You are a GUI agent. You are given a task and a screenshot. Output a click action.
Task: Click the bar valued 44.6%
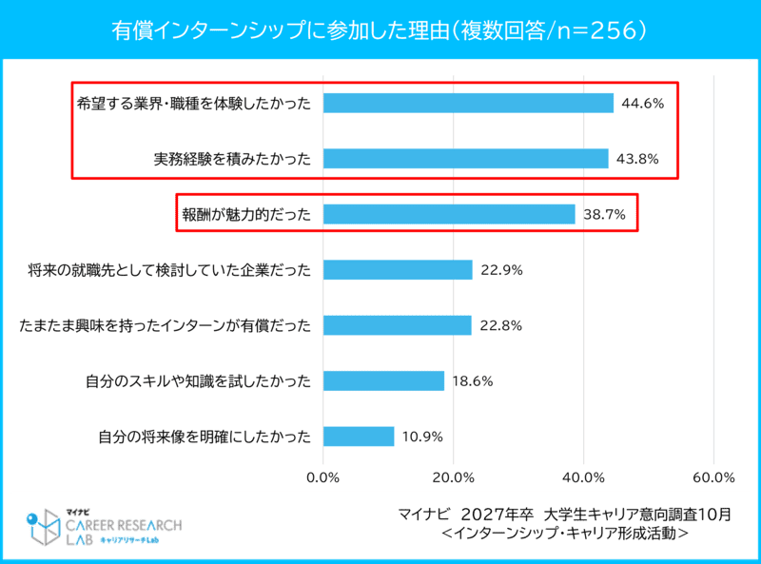[468, 103]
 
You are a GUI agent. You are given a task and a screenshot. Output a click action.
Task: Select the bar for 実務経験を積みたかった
[465, 159]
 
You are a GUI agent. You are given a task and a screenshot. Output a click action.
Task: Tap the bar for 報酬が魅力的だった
[449, 214]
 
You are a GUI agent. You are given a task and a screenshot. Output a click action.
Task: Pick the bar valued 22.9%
[398, 270]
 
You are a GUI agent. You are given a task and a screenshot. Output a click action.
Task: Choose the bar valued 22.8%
[398, 325]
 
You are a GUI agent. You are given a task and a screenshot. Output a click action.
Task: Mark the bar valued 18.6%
[383, 381]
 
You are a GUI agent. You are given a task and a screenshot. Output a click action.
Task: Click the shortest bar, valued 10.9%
[359, 437]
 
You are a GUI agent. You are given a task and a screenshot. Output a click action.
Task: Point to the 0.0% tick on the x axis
[324, 476]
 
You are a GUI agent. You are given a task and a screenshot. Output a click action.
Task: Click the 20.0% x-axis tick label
[454, 476]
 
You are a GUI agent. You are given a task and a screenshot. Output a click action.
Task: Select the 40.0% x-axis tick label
[584, 476]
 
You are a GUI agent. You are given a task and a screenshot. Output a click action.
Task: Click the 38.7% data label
[603, 215]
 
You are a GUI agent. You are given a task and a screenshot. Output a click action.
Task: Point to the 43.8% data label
[636, 159]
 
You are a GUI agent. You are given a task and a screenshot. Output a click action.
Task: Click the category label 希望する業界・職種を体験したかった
[194, 104]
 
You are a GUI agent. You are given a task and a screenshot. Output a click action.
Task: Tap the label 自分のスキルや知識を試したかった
[198, 381]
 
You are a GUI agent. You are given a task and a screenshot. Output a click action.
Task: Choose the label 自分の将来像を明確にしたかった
[205, 438]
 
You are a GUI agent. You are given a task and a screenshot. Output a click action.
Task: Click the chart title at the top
[380, 30]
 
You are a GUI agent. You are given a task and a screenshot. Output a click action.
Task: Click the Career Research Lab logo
[103, 528]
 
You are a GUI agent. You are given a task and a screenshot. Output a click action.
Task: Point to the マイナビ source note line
[565, 515]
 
